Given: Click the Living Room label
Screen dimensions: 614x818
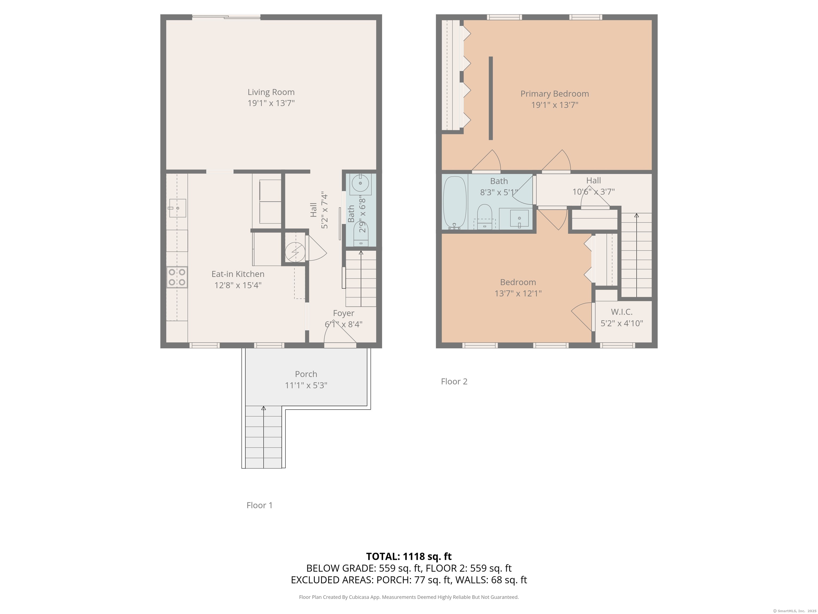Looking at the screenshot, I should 271,92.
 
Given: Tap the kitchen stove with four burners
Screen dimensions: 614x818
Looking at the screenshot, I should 177,277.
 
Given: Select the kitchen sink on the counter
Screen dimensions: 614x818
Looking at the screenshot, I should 177,208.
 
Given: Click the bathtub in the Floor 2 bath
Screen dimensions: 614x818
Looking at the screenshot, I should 455,203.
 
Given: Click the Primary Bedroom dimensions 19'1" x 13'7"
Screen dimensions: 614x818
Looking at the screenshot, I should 554,105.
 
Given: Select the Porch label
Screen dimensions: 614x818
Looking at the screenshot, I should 306,374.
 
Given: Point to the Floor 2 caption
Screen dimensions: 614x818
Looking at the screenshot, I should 454,382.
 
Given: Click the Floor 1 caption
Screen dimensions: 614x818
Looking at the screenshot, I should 259,505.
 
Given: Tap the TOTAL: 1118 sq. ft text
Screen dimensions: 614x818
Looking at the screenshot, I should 409,556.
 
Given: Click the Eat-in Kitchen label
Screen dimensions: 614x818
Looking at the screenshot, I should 238,274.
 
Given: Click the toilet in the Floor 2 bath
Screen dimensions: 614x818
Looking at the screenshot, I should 484,216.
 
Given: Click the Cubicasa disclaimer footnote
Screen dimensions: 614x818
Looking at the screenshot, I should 409,597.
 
